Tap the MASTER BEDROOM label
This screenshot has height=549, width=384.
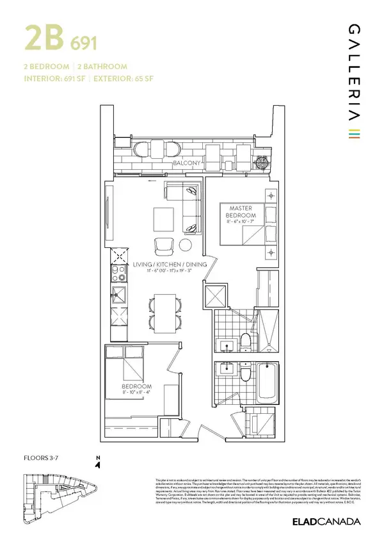tap(238, 212)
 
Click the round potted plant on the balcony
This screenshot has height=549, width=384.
tap(261, 161)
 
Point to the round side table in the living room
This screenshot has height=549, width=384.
tap(186, 245)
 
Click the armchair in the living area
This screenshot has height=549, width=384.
tap(163, 245)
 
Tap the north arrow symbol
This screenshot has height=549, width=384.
tap(97, 464)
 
